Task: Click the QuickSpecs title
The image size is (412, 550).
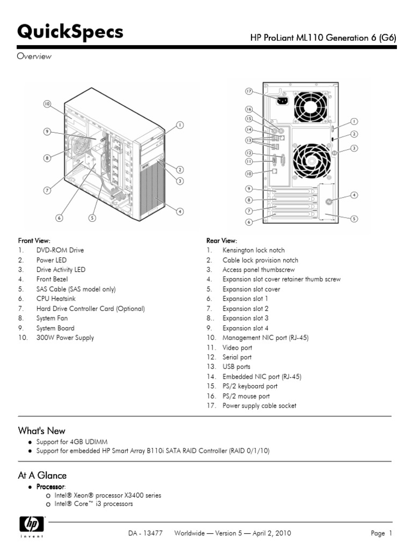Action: (70, 33)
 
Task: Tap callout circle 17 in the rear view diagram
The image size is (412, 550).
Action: (249, 91)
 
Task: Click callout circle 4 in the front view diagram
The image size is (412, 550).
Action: (180, 212)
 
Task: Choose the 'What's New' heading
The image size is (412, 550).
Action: (42, 431)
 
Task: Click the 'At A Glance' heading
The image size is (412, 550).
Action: (42, 475)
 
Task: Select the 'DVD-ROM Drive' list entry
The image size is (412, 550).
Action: (60, 250)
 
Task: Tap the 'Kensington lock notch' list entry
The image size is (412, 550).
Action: (254, 250)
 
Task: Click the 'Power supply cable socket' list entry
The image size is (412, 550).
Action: (259, 406)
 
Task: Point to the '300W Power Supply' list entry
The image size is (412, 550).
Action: (65, 338)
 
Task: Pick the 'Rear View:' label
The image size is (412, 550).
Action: (222, 241)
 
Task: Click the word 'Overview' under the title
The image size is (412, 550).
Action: (34, 57)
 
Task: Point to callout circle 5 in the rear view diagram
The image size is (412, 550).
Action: (354, 219)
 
